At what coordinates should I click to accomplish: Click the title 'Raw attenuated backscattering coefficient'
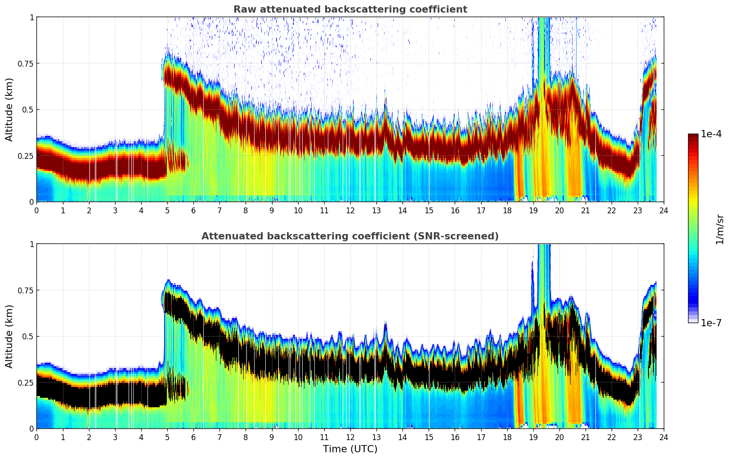[x=350, y=9]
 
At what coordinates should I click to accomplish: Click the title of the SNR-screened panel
[x=350, y=236]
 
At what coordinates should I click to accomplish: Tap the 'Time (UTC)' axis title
[x=350, y=449]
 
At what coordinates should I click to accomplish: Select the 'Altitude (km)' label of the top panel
[x=9, y=109]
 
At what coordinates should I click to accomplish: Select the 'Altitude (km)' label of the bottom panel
[x=9, y=336]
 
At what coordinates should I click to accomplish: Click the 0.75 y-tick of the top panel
[x=25, y=63]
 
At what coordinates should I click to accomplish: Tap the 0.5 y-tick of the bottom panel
[x=28, y=337]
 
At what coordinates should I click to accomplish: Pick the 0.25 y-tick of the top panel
[x=25, y=156]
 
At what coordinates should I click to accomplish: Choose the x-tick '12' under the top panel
[x=350, y=210]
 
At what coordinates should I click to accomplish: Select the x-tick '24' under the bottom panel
[x=664, y=437]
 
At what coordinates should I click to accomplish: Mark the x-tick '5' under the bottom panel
[x=167, y=437]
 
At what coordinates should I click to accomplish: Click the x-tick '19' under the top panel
[x=533, y=210]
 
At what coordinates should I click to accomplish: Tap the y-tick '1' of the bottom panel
[x=31, y=244]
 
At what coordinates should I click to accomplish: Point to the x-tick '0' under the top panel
[x=37, y=210]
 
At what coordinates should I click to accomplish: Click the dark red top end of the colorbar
[x=693, y=136]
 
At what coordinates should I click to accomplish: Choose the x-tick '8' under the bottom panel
[x=246, y=437]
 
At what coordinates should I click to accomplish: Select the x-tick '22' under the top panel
[x=612, y=210]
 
